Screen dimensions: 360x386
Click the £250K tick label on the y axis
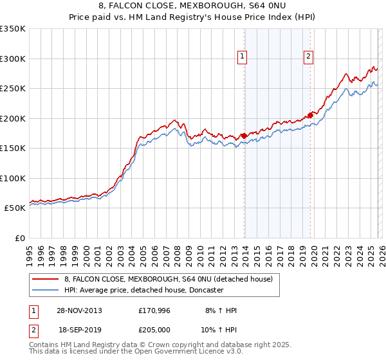(13, 89)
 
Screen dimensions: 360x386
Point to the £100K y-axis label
(13, 178)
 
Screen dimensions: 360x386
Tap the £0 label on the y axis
(19, 238)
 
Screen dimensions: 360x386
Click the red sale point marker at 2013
(244, 136)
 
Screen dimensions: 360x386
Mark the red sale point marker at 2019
(310, 115)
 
